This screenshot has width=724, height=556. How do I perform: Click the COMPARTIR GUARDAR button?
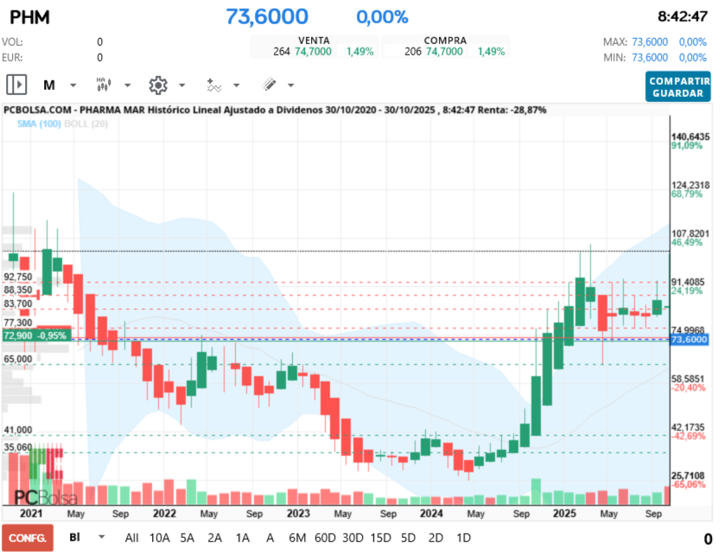pyautogui.click(x=676, y=86)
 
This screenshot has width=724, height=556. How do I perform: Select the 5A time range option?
pyautogui.click(x=187, y=537)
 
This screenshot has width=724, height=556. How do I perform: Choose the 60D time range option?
pyautogui.click(x=325, y=537)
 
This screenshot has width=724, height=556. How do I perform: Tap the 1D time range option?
pyautogui.click(x=463, y=537)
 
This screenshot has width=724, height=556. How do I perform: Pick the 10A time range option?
pyautogui.click(x=160, y=537)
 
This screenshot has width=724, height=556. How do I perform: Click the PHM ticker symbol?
pyautogui.click(x=29, y=16)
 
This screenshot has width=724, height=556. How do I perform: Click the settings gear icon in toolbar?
pyautogui.click(x=157, y=85)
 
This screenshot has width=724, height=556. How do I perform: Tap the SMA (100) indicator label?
pyautogui.click(x=39, y=125)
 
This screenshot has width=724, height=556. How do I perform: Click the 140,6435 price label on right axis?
pyautogui.click(x=690, y=137)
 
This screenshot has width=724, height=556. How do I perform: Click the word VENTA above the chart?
pyautogui.click(x=314, y=41)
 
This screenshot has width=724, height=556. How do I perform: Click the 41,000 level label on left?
pyautogui.click(x=18, y=430)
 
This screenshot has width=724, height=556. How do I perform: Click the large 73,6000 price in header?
pyautogui.click(x=267, y=16)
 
